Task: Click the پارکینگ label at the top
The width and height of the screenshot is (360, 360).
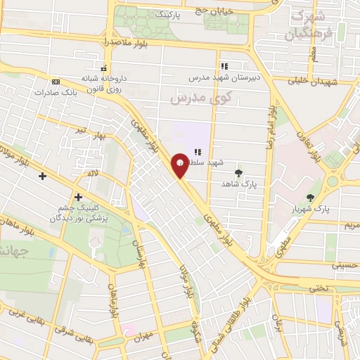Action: pyautogui.click(x=174, y=14)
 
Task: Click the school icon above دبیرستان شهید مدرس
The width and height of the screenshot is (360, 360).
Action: pyautogui.click(x=224, y=66)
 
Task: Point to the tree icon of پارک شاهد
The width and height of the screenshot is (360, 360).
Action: pyautogui.click(x=239, y=172)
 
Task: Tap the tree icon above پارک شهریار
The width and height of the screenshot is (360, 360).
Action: pyautogui.click(x=311, y=199)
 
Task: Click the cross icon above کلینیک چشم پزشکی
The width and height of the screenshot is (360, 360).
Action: pyautogui.click(x=78, y=198)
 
